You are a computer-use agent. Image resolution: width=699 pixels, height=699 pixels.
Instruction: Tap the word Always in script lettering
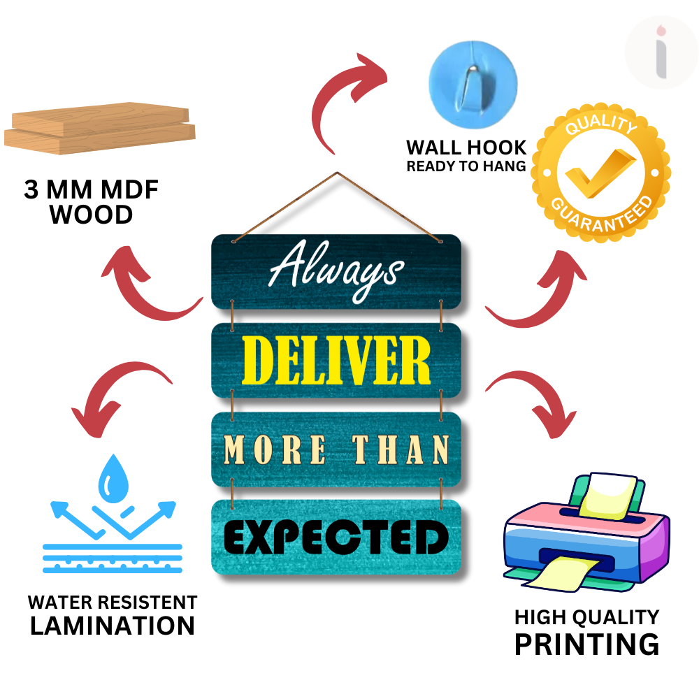tap(337, 271)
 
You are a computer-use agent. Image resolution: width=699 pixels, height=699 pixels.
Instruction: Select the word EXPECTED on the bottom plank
tap(336, 537)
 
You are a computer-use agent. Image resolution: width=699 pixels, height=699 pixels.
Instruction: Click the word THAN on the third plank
tap(401, 449)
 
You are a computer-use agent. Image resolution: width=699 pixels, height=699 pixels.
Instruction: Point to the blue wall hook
tap(473, 85)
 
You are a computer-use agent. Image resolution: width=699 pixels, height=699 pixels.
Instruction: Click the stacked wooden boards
tap(100, 129)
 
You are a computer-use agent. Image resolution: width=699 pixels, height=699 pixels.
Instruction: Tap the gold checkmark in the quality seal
tap(600, 173)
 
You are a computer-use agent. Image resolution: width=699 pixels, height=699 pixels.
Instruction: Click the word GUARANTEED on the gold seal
tap(603, 215)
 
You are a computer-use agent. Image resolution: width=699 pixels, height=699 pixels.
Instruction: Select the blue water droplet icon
tap(113, 478)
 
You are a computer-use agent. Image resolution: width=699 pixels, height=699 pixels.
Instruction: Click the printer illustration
tap(586, 532)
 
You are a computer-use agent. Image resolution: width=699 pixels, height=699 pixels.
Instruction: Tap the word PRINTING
tap(586, 644)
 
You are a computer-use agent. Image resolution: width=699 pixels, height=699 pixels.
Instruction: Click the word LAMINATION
tap(113, 626)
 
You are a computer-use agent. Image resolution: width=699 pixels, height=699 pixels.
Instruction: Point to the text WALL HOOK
tap(466, 147)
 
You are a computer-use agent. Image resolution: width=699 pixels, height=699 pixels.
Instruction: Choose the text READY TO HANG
tap(466, 166)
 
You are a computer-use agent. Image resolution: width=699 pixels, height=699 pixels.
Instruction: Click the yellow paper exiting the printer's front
tap(563, 575)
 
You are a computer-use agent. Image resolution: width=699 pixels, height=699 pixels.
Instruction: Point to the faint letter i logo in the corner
tap(661, 52)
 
